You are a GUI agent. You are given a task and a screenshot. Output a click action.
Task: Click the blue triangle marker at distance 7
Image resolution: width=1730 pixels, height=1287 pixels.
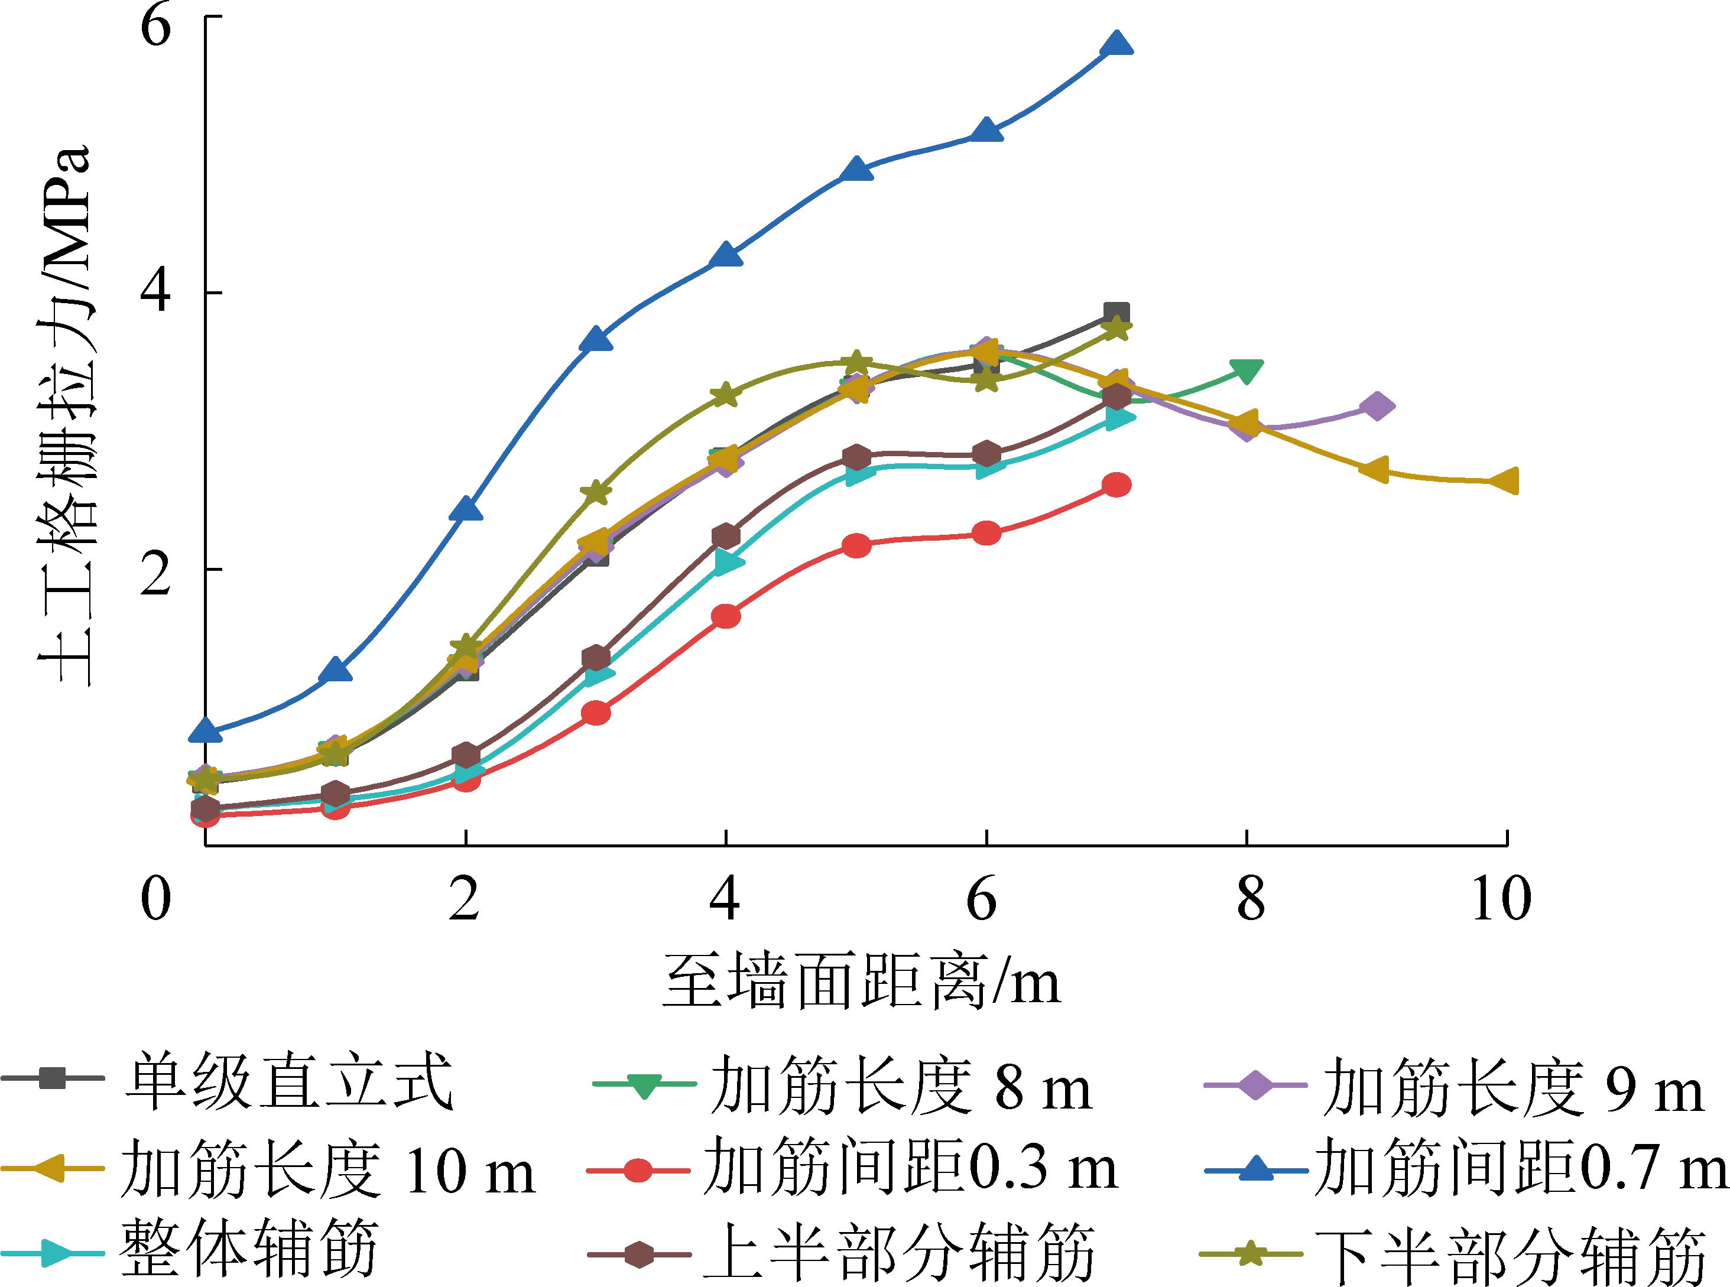[x=1116, y=44]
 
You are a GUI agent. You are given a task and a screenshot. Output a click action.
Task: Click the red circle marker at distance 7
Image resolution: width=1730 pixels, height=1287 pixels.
[x=1116, y=485]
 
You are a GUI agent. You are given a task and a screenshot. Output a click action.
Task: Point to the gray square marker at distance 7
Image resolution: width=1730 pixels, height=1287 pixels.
[x=1116, y=314]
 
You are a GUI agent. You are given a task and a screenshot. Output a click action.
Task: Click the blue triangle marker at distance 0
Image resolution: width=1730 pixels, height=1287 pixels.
[x=206, y=730]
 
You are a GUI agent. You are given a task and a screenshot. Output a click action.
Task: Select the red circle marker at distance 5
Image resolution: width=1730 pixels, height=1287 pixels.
[x=856, y=546]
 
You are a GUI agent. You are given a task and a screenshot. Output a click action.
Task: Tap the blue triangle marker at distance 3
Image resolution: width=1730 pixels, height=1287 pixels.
[x=596, y=340]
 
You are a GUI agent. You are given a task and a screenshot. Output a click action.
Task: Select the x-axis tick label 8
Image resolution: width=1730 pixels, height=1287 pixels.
[x=1251, y=898]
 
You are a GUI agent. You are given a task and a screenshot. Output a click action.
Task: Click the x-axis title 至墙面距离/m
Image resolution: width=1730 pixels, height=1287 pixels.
[x=861, y=981]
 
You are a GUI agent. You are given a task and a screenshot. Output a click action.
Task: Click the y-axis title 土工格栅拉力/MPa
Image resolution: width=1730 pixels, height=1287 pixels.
[x=66, y=417]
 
